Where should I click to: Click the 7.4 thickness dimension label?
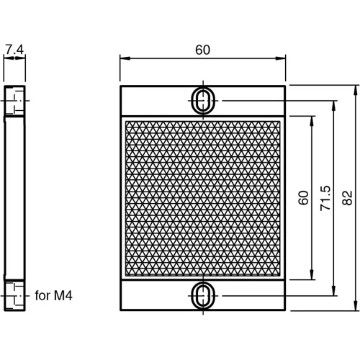tap(14, 50)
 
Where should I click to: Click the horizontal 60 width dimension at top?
tap(202, 50)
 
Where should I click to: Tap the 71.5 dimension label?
tap(325, 198)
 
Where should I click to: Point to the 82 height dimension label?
tap(348, 198)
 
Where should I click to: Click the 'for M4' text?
tap(54, 295)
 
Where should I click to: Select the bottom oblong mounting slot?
tap(203, 295)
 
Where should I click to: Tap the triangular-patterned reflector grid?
tap(202, 198)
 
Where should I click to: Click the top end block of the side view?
tap(15, 102)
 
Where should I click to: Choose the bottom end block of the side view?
tap(15, 294)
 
